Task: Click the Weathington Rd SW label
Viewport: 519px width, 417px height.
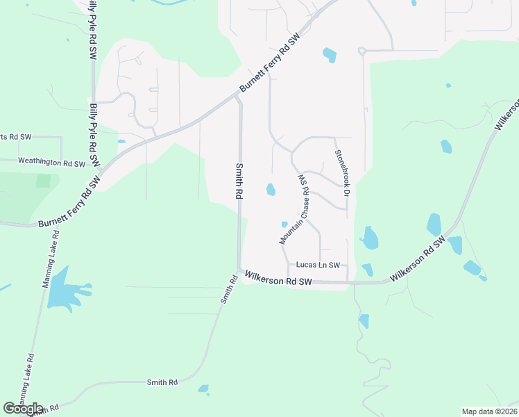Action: tap(51, 163)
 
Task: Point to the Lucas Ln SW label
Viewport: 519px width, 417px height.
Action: tap(318, 265)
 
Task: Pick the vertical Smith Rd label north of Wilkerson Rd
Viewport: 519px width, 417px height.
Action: tap(239, 182)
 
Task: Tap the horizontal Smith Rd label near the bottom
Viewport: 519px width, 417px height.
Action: tap(162, 382)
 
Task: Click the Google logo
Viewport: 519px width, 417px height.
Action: tap(23, 408)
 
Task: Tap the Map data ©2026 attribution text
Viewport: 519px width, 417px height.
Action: tap(488, 411)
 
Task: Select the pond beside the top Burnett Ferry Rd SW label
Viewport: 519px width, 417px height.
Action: tap(330, 54)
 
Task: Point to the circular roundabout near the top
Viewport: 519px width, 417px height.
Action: tap(361, 51)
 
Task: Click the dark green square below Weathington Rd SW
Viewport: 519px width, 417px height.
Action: tap(44, 181)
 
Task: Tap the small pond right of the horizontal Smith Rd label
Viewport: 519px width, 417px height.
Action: tap(203, 389)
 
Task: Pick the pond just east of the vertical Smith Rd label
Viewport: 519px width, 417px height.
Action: tap(270, 189)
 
